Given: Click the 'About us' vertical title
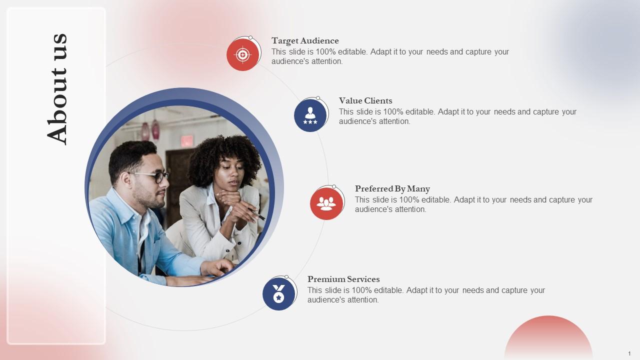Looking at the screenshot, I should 56,88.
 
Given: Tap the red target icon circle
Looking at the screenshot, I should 243,54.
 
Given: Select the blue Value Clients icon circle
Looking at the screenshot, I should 310,115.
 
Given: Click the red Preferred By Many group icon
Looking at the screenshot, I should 326,203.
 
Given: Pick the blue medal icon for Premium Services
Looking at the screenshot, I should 279,294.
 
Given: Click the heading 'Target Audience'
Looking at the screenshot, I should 305,41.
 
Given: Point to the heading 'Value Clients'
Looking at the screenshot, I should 365,101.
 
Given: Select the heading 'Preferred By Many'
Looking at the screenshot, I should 392,189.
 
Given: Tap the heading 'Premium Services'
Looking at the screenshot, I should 343,279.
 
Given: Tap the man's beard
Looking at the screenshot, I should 152,200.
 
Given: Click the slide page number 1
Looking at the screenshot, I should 629,353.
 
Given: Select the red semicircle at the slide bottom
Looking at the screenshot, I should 548,337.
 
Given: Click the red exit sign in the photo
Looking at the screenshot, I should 186,141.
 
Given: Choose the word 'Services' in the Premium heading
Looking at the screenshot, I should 363,279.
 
